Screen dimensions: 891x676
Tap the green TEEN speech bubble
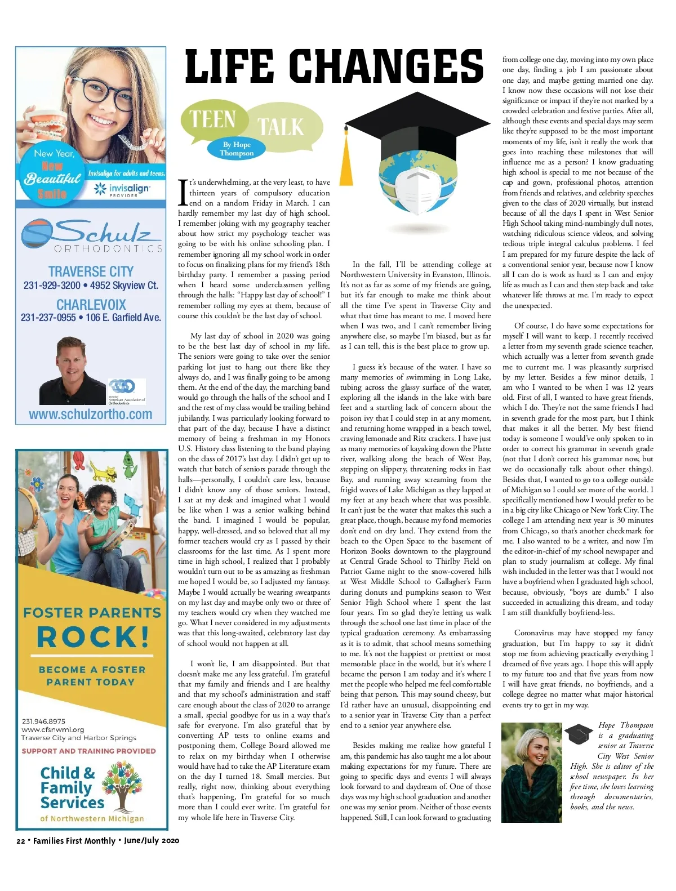(x=213, y=119)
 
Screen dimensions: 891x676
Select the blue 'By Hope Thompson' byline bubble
(x=237, y=149)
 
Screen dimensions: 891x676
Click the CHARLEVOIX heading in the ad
(x=91, y=305)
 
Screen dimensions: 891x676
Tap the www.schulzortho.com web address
(x=91, y=415)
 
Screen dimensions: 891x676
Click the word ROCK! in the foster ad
(x=93, y=637)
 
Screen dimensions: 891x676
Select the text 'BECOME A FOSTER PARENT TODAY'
(x=91, y=676)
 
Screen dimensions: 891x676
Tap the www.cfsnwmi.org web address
(x=52, y=729)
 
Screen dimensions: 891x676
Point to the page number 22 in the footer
(x=20, y=841)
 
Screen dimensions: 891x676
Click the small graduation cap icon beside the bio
(x=579, y=733)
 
